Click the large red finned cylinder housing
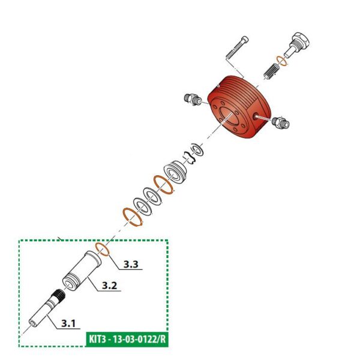click(x=239, y=109)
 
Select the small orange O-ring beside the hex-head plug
click(x=280, y=61)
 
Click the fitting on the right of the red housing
click(x=280, y=123)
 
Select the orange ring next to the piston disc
click(x=164, y=184)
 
